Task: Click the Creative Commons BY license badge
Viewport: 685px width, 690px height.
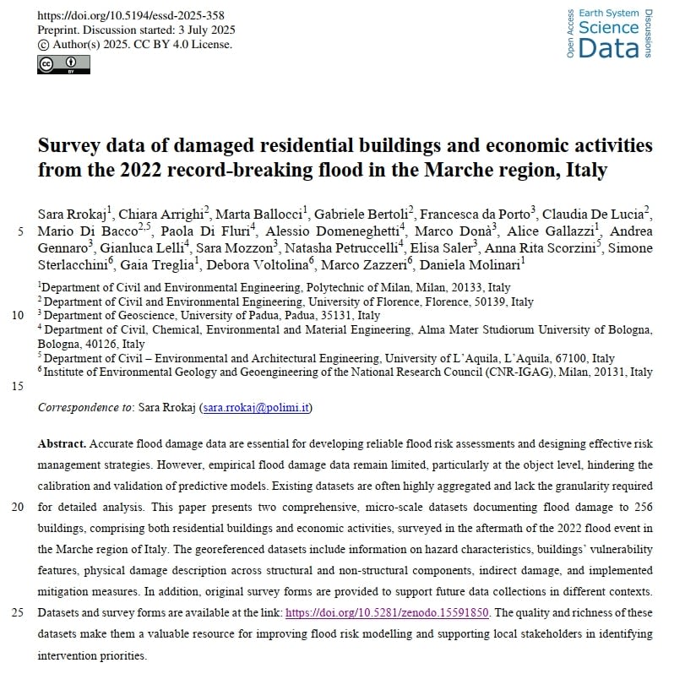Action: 63,64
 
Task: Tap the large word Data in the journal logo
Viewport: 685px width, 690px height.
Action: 609,48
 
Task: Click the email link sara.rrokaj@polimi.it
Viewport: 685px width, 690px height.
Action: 256,407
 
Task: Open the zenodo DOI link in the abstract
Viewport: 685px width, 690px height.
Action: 388,612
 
